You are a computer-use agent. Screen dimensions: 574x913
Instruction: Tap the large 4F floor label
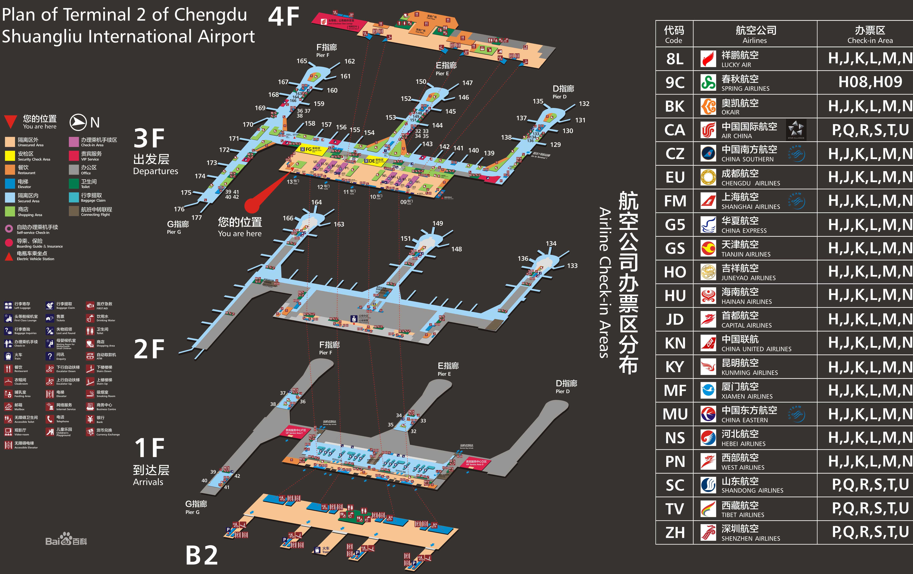(x=284, y=17)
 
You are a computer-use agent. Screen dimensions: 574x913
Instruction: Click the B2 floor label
(x=202, y=555)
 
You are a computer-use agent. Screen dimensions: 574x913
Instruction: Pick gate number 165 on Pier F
(x=302, y=61)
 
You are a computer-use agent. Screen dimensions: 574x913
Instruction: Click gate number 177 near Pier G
(x=196, y=218)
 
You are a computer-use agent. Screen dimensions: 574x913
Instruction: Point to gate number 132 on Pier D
(x=584, y=103)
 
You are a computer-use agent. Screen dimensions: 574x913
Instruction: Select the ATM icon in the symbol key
(x=90, y=356)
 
